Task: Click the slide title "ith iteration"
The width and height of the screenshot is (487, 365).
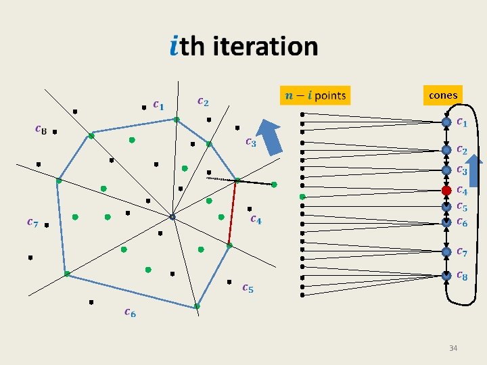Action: (x=243, y=46)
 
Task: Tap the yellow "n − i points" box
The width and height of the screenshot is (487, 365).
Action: (x=315, y=95)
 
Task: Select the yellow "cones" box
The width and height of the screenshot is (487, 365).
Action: (x=443, y=95)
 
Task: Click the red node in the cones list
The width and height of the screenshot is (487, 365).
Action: (x=446, y=190)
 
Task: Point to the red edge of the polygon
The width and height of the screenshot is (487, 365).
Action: (x=233, y=213)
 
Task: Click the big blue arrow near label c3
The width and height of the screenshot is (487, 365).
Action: (x=272, y=137)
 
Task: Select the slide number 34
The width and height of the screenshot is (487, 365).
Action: (x=453, y=348)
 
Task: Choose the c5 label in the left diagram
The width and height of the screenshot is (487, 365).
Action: (x=248, y=288)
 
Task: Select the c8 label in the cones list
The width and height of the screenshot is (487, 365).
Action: (x=462, y=275)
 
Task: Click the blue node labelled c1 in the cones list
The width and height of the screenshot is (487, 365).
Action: (x=446, y=122)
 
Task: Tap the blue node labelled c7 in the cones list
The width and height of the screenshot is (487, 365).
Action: (x=446, y=251)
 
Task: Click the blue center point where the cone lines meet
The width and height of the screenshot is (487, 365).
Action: (x=172, y=217)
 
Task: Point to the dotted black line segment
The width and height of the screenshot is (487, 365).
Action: (x=221, y=178)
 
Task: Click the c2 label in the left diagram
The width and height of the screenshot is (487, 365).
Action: (x=202, y=101)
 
